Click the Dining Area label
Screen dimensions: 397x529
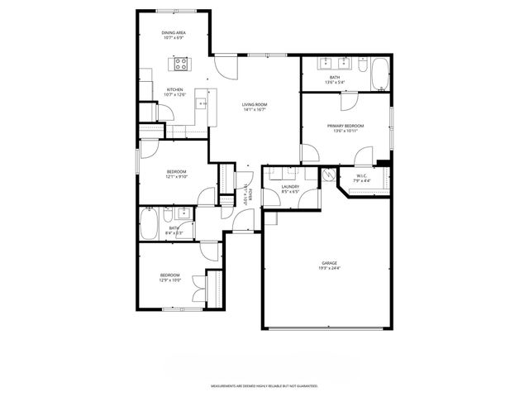pyautogui.click(x=173, y=33)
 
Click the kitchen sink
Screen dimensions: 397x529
pyautogui.click(x=201, y=103)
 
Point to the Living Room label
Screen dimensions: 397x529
pyautogui.click(x=254, y=104)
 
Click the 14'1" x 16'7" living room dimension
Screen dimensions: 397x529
pyautogui.click(x=254, y=109)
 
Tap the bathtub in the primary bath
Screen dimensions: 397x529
pyautogui.click(x=379, y=74)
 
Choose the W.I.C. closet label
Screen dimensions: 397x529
pyautogui.click(x=363, y=175)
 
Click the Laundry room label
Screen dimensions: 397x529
pyautogui.click(x=289, y=187)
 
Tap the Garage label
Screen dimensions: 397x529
pyautogui.click(x=329, y=263)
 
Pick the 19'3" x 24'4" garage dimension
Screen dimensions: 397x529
pyautogui.click(x=329, y=268)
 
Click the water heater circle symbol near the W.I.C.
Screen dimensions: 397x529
pyautogui.click(x=329, y=175)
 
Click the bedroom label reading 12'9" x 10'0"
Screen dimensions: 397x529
pyautogui.click(x=169, y=277)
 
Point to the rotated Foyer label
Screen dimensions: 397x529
pyautogui.click(x=245, y=192)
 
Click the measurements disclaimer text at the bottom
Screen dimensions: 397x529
pyautogui.click(x=264, y=386)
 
